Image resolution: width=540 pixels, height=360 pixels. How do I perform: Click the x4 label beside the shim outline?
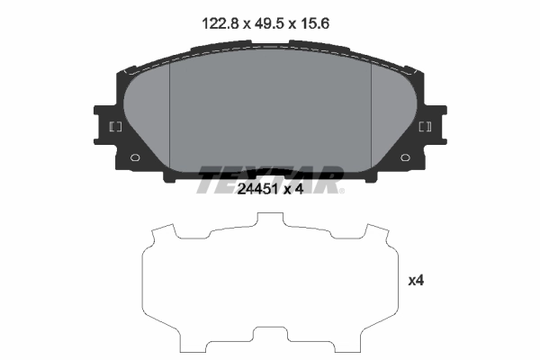coord(415,281)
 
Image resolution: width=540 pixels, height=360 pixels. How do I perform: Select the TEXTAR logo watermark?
coord(270,179)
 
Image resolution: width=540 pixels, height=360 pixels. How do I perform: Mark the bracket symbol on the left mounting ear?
coord(115,127)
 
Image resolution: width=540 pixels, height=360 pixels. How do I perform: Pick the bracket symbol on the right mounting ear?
coord(426,127)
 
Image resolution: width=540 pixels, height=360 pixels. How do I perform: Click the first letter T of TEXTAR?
coord(207,179)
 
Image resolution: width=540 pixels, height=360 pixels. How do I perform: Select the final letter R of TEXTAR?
coord(330,179)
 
